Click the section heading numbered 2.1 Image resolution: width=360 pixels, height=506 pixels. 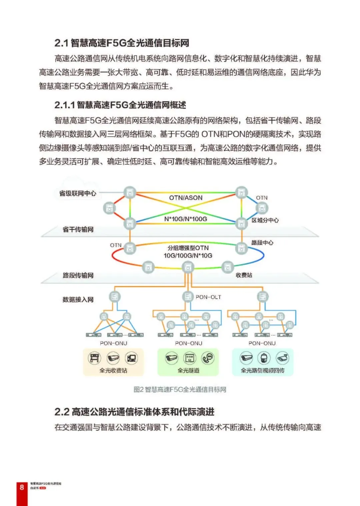point(122,43)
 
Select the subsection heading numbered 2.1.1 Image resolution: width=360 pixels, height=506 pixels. point(120,105)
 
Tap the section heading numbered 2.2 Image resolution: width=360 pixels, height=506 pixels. point(134,412)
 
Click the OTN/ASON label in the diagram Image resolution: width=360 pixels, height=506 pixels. point(186,198)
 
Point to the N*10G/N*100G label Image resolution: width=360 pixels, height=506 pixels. point(186,219)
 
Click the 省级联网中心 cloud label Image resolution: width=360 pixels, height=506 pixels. point(78,193)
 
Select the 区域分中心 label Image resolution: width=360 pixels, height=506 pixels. point(265,220)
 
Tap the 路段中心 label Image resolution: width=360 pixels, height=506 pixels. point(262,243)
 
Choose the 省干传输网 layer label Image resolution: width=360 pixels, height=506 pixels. point(78,229)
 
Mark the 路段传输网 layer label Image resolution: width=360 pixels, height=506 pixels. point(78,275)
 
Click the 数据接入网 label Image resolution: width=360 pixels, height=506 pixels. point(78,300)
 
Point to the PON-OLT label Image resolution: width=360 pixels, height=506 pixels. point(208,297)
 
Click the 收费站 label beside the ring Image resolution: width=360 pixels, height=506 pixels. point(244,275)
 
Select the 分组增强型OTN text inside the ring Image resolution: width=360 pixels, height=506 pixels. point(188,248)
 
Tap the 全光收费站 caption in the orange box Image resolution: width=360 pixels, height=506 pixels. point(113,370)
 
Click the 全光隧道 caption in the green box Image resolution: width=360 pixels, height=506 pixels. point(188,370)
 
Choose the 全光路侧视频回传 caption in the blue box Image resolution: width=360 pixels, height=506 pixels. point(263,370)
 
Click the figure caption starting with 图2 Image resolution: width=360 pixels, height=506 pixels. point(180,389)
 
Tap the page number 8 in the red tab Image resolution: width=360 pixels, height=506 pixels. point(22,487)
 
